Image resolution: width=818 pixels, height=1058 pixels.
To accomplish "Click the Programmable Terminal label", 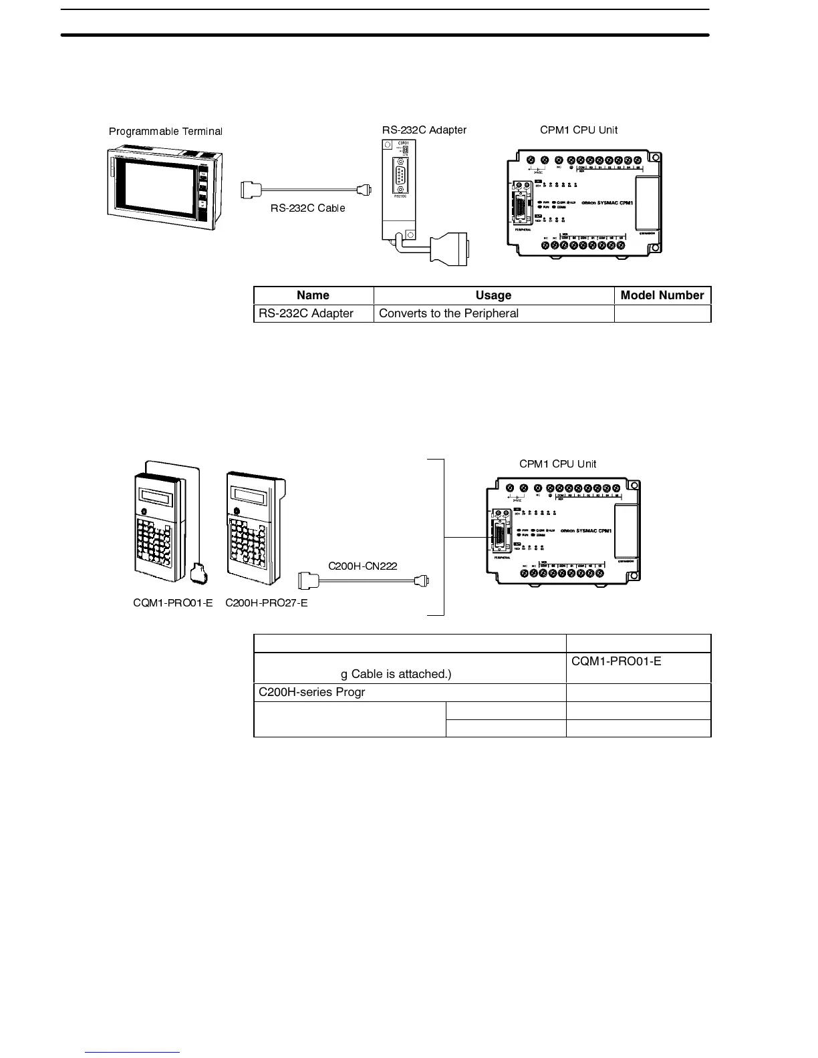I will pos(165,132).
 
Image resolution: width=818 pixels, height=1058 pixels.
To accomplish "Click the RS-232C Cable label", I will pos(307,208).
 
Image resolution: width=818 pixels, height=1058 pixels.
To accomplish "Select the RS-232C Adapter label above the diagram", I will pos(424,130).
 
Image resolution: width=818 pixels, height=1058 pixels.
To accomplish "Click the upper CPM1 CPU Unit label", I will pos(579,130).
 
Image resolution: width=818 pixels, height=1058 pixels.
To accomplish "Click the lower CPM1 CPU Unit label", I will pos(557,464).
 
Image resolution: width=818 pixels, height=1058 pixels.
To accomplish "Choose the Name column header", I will pos(313,295).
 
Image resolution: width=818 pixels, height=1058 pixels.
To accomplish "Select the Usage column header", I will pos(493,295).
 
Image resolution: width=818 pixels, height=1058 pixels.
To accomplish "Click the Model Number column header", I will pos(662,295).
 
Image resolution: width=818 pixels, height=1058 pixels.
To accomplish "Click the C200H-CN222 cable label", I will pos(362,566).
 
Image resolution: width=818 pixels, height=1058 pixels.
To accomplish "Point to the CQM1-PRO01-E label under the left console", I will pos(172,603).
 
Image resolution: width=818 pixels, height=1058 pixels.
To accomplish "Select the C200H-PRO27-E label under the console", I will pos(266,603).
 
